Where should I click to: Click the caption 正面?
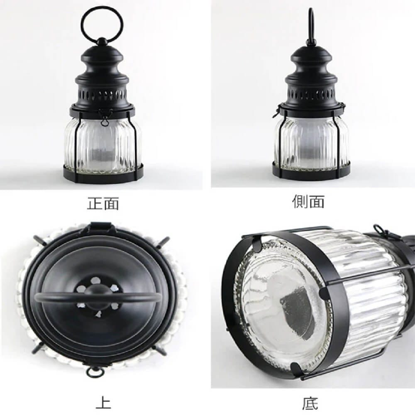click(103, 203)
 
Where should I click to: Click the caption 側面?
click(308, 202)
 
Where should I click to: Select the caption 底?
click(310, 404)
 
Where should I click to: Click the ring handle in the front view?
click(81, 21)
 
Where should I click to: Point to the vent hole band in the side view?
click(312, 93)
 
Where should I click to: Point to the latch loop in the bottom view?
click(379, 229)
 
